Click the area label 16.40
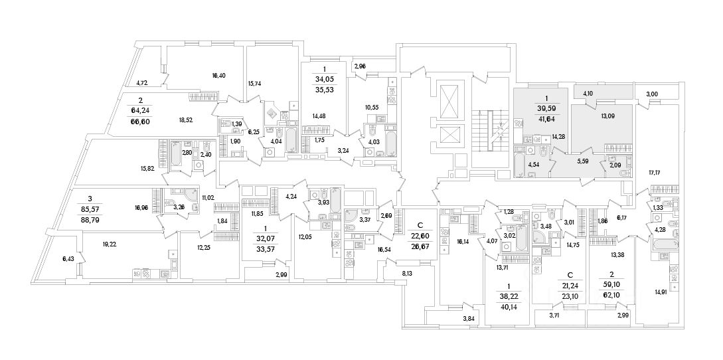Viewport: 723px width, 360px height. (x=218, y=76)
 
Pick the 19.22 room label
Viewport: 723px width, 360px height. (x=110, y=244)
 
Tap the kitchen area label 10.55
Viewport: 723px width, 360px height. (x=374, y=107)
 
